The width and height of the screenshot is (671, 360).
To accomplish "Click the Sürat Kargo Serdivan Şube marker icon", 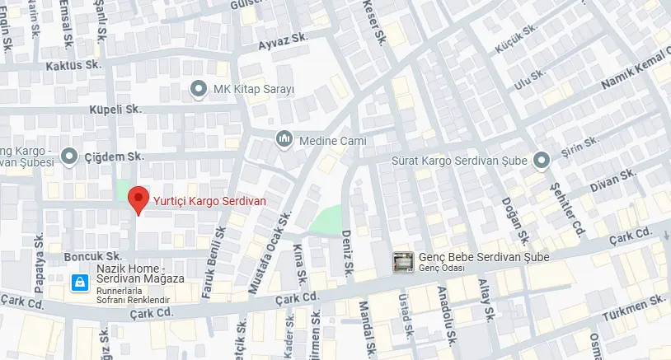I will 542,160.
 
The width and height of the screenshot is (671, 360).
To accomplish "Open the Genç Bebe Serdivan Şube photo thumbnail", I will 403,262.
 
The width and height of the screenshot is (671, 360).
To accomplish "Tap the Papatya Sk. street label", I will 39,263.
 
